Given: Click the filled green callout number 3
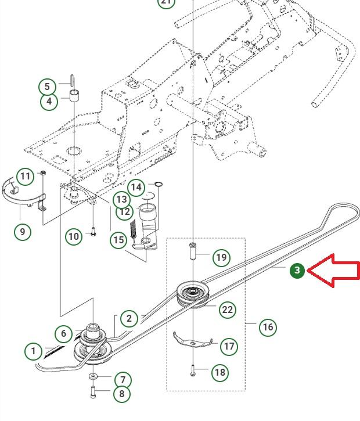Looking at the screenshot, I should [x=297, y=270].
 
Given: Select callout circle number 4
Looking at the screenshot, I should [x=49, y=102].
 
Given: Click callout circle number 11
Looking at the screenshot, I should [x=25, y=176].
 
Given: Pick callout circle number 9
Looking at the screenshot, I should [x=23, y=232].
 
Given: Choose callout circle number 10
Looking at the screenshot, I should [x=74, y=236].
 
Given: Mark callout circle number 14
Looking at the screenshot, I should [x=136, y=187].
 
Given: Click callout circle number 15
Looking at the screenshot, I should [x=118, y=239].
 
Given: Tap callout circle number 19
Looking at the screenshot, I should [x=221, y=257].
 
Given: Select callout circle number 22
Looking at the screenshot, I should [x=227, y=310].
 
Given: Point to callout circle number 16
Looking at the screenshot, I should [x=268, y=327].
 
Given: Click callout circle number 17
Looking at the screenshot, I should [x=229, y=347].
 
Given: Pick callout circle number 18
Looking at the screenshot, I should [x=219, y=372].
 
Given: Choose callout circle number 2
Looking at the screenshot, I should [x=129, y=318].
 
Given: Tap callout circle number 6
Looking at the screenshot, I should [x=64, y=333].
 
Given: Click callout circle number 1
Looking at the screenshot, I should [x=34, y=351].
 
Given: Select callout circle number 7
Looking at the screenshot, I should [x=123, y=380].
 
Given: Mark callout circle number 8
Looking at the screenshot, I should [x=121, y=394].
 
